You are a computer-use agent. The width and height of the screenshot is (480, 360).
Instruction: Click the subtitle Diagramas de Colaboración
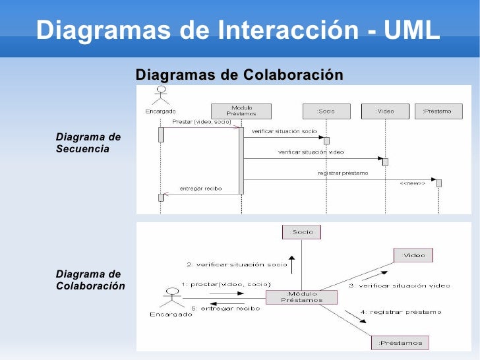pos(239,75)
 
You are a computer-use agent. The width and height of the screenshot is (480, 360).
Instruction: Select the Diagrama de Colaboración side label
pos(90,280)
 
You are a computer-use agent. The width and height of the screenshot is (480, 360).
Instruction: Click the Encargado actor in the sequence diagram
pos(160,96)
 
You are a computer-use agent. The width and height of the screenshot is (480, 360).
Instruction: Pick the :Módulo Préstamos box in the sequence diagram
pos(241,111)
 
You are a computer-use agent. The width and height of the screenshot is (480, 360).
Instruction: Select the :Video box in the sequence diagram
pos(385,111)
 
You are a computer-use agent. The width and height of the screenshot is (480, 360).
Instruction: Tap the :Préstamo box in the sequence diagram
pos(437,111)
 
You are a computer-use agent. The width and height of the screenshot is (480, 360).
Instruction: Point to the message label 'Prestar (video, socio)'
pos(201,122)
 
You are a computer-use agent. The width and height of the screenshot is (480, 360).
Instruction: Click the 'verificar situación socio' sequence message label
pos(284,131)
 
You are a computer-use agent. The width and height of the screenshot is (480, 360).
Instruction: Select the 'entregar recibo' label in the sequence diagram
pos(200,189)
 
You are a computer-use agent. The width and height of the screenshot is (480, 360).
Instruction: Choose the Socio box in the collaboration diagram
pos(303,231)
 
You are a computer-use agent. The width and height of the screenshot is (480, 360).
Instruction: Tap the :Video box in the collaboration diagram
pos(413,255)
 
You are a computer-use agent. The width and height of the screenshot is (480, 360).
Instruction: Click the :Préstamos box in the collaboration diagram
pos(400,342)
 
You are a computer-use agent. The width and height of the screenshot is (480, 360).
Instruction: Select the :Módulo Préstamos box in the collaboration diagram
pos(301,297)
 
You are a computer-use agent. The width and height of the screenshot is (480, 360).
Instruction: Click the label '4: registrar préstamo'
pos(401,312)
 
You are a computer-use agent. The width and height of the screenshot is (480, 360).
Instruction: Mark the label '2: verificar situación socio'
pos(237,264)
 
